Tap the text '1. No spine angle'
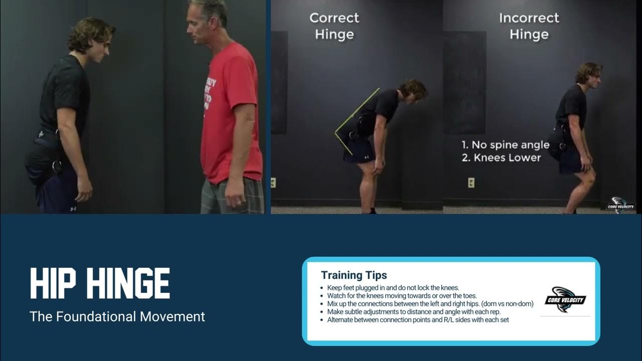tap(505, 145)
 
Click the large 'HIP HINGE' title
tap(100, 283)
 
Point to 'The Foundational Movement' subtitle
tap(117, 316)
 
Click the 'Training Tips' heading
tap(354, 275)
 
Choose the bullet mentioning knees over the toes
tap(402, 296)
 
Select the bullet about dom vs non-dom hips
tap(430, 304)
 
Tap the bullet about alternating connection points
tap(418, 319)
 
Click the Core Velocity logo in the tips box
tap(565, 300)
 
